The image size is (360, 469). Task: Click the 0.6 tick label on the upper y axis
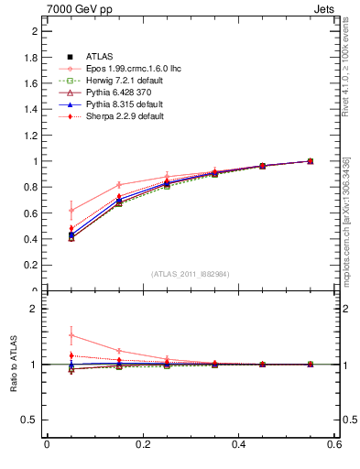click(31, 213)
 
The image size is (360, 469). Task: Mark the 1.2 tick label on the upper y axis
click(31, 136)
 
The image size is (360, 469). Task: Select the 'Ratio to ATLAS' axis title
click(13, 364)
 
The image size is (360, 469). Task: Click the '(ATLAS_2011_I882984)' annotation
click(191, 274)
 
